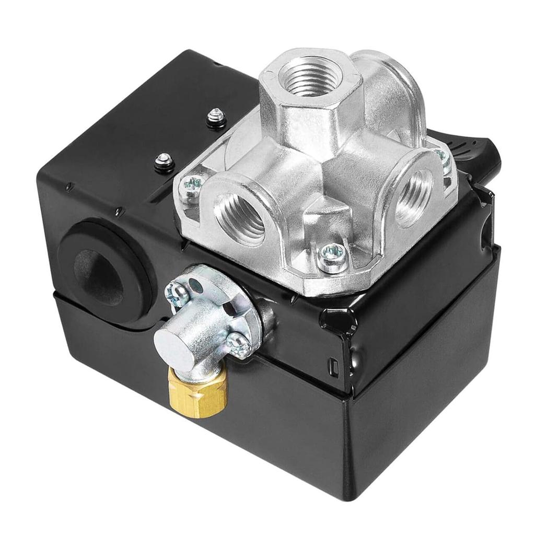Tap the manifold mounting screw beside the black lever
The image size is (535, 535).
[442, 156]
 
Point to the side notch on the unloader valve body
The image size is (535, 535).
[228, 308]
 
